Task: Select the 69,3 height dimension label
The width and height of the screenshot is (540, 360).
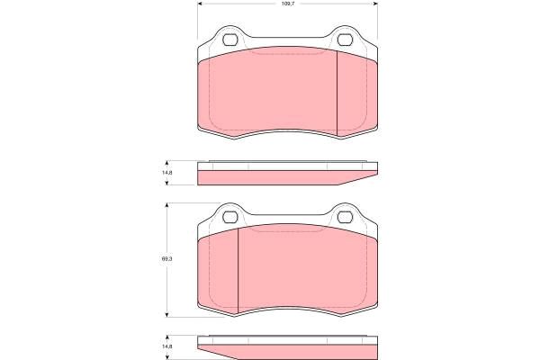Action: [167, 259]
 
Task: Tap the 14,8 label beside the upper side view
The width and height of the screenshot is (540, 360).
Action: [167, 173]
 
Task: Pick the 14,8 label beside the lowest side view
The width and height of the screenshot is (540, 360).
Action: [167, 346]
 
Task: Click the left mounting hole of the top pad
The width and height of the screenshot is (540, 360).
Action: [230, 40]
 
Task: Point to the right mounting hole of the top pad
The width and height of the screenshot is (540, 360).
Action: [345, 40]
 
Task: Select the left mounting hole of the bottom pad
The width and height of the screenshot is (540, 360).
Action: [230, 217]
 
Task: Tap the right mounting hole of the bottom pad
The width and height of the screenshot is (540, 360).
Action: [345, 217]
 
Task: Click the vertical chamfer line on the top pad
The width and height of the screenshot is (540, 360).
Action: [337, 94]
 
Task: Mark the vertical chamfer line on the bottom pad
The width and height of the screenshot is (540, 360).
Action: [238, 271]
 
